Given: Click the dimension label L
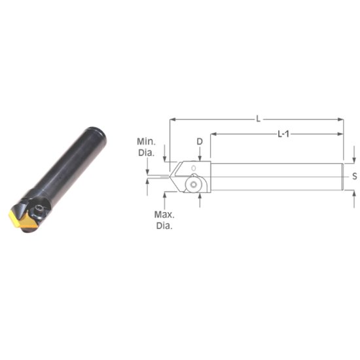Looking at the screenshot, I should point(259,118).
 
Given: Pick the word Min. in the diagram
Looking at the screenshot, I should point(145,141).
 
